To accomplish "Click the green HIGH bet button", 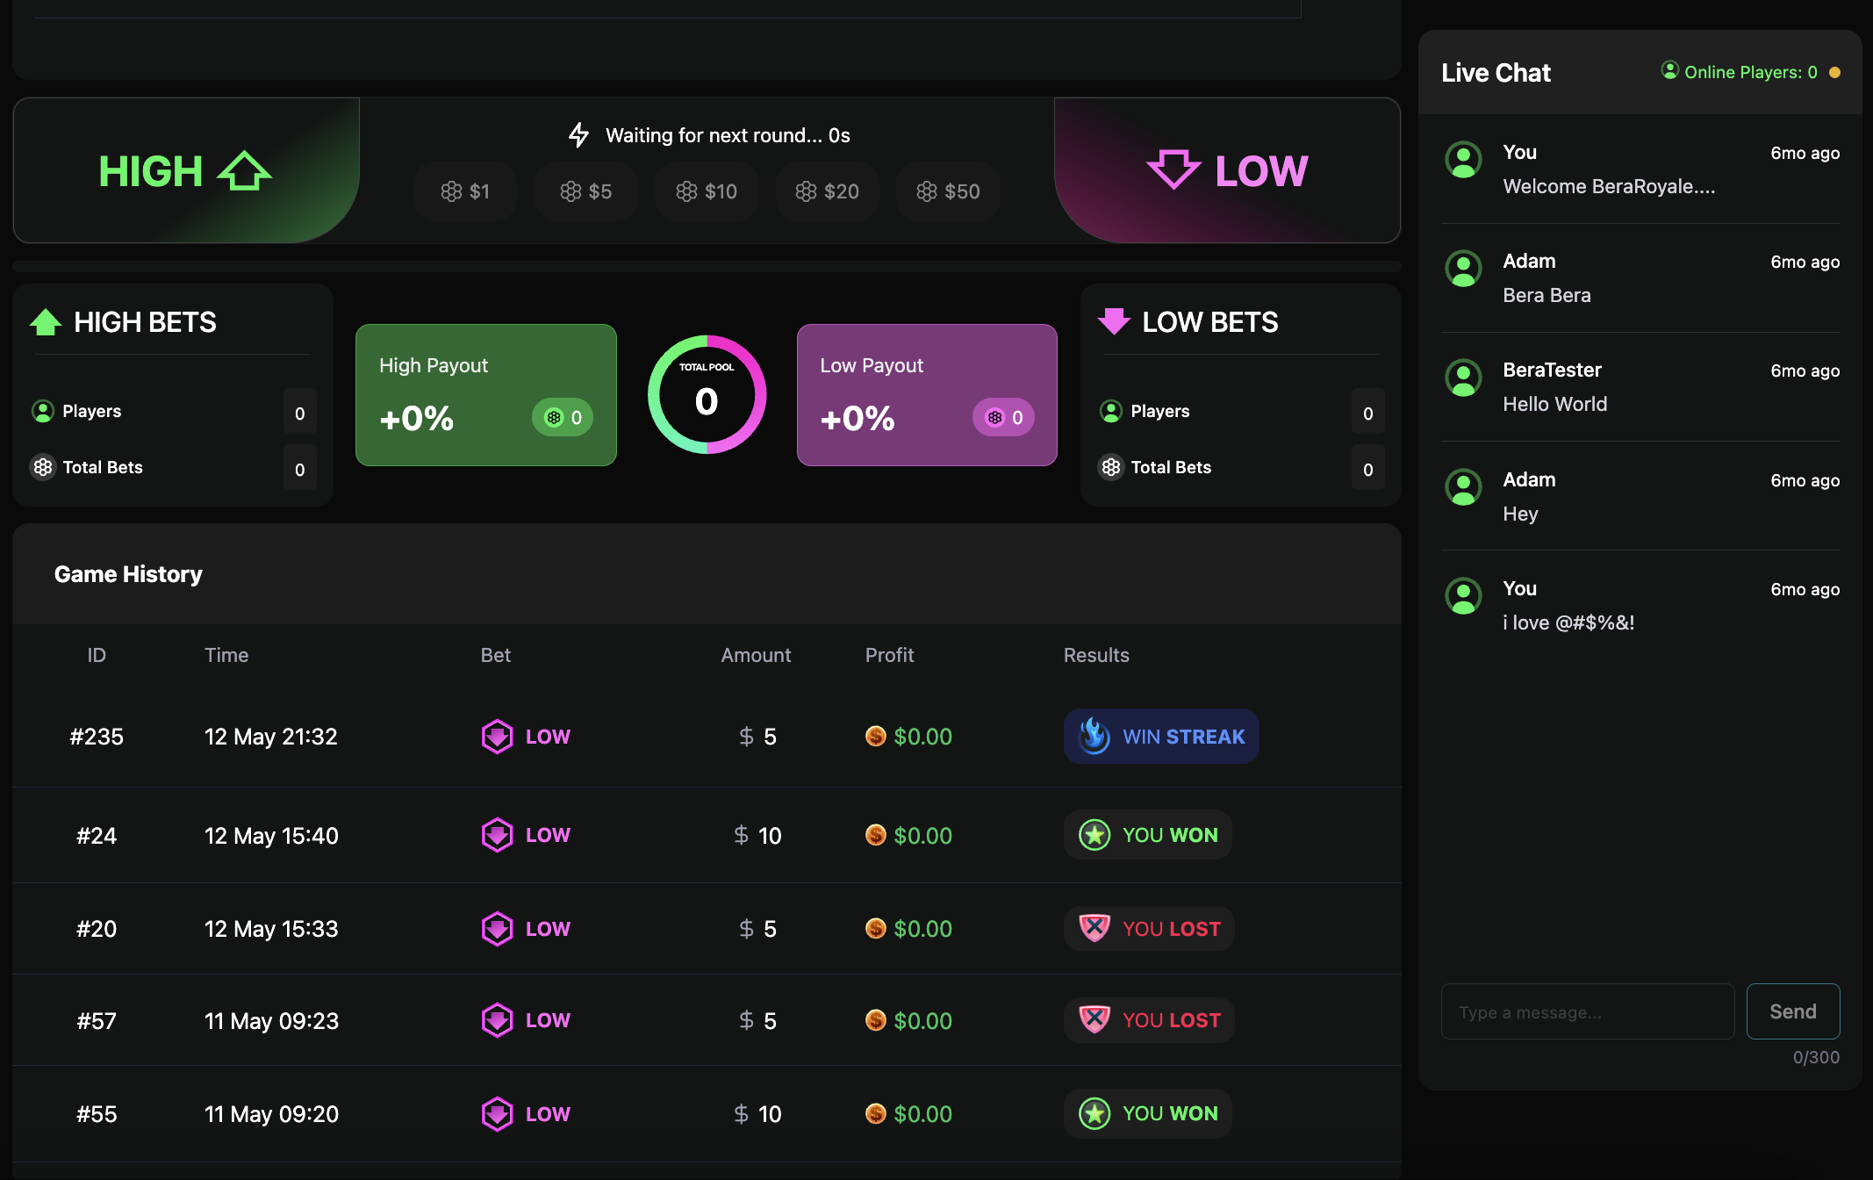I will coord(185,170).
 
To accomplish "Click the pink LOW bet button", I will coord(1226,170).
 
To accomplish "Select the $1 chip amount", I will coord(465,191).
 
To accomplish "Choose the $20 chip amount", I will coord(827,191).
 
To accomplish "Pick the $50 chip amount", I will coord(948,191).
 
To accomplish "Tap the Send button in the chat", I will coord(1792,1011).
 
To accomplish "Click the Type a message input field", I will coord(1587,1012).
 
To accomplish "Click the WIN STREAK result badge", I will coord(1161,737).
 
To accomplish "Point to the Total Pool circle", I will coord(707,394).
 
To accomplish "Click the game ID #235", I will coord(97,737).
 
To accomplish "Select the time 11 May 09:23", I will coord(271,1021).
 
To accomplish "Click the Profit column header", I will coord(889,655).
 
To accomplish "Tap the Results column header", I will coord(1096,655).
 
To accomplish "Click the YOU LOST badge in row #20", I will coord(1149,929).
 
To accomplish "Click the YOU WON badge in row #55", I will coord(1148,1113).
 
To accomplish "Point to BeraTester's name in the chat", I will coord(1552,370).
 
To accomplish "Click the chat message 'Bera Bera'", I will coord(1546,295).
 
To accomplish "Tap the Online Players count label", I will coord(1750,72).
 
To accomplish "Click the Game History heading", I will coord(128,574).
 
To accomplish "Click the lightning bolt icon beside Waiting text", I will coord(578,135).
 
